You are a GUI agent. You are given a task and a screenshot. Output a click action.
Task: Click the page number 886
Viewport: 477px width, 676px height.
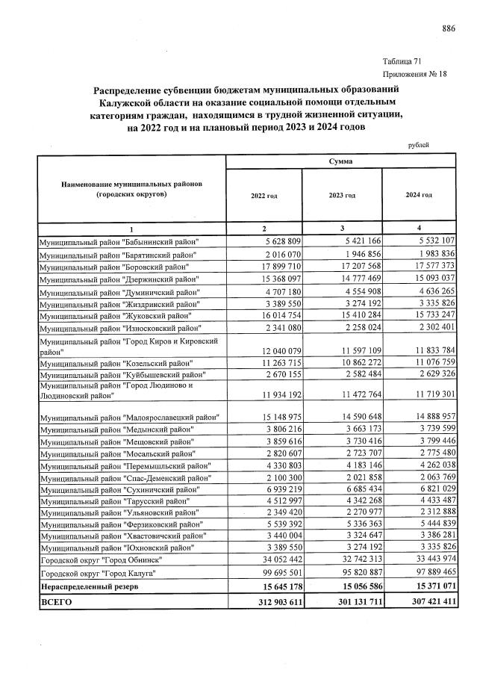(448, 28)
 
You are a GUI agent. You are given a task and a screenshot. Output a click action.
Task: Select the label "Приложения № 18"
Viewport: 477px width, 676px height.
(414, 74)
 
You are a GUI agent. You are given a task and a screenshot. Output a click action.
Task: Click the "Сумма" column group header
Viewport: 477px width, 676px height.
(340, 161)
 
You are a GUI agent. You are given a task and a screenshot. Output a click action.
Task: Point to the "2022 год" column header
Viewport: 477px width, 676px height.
(264, 195)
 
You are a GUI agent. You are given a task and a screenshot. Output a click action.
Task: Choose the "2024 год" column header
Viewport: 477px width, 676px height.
(418, 195)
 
